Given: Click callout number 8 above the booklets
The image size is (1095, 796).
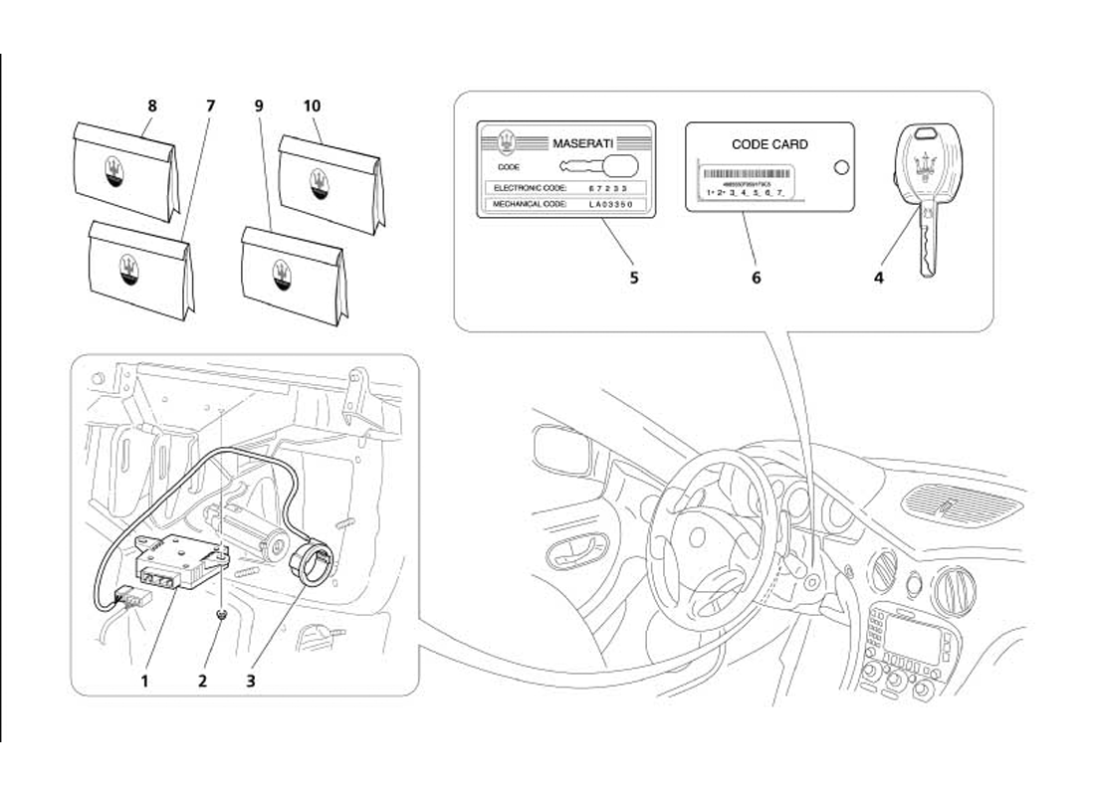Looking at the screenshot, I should coord(152,104).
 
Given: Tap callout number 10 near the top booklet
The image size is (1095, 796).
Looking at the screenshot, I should coord(312,104).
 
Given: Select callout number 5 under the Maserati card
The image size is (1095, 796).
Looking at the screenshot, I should coord(634,278).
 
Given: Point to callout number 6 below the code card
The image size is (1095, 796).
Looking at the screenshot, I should coord(757,278).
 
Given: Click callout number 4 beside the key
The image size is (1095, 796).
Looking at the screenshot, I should coord(879,278).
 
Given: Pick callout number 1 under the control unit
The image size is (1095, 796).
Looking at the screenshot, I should coord(144,682).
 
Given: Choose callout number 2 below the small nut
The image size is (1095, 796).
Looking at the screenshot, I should coord(203,682).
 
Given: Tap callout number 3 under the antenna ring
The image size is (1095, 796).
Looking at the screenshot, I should coord(252,682).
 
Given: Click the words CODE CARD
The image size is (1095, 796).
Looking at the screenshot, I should coord(769,144).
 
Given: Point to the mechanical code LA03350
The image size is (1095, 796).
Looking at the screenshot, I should coord(609,204).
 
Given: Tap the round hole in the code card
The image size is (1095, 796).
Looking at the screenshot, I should coord(841,167).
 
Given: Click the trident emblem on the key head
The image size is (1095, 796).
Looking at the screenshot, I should coord(930,164).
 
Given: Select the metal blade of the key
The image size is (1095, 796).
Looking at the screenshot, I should coord(928,244).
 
